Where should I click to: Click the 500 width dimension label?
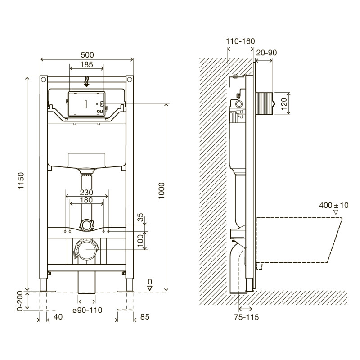tap(88, 54)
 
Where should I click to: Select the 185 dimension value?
tap(87, 64)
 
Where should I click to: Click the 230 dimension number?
tap(86, 192)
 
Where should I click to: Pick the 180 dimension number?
tap(86, 200)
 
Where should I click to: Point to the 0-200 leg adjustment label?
tap(20, 300)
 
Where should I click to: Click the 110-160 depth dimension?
tap(240, 41)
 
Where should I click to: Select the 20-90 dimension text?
tap(266, 53)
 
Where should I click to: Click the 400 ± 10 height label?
tap(334, 205)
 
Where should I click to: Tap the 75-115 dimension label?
tap(246, 317)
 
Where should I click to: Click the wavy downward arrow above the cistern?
tap(87, 81)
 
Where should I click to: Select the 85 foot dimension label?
tap(144, 317)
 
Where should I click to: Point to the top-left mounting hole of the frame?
tap(44, 80)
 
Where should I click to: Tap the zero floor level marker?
tap(150, 285)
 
